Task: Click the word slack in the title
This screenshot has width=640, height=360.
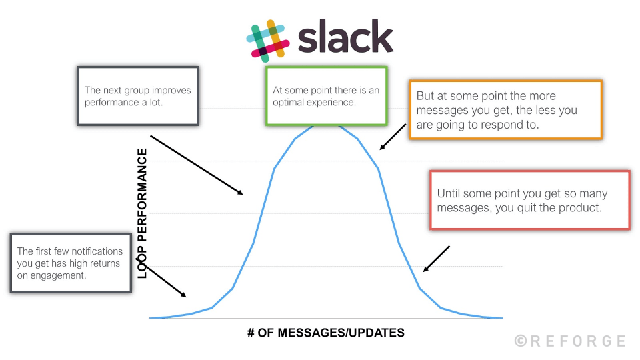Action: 345,38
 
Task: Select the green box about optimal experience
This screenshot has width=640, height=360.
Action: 326,96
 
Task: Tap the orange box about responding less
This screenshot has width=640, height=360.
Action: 505,110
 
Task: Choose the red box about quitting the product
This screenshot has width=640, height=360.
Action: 529,200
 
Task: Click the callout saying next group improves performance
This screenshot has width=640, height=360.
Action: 138,95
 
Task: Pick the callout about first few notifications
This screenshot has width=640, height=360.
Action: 70,263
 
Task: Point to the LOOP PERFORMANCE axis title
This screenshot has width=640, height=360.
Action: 142,213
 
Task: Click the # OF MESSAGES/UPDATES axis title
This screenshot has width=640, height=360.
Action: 326,333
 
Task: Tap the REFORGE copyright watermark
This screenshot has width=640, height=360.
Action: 570,341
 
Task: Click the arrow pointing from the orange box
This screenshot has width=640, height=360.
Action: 392,136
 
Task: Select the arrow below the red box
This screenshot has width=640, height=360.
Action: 436,259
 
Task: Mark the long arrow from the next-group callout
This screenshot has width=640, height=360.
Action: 196,165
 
